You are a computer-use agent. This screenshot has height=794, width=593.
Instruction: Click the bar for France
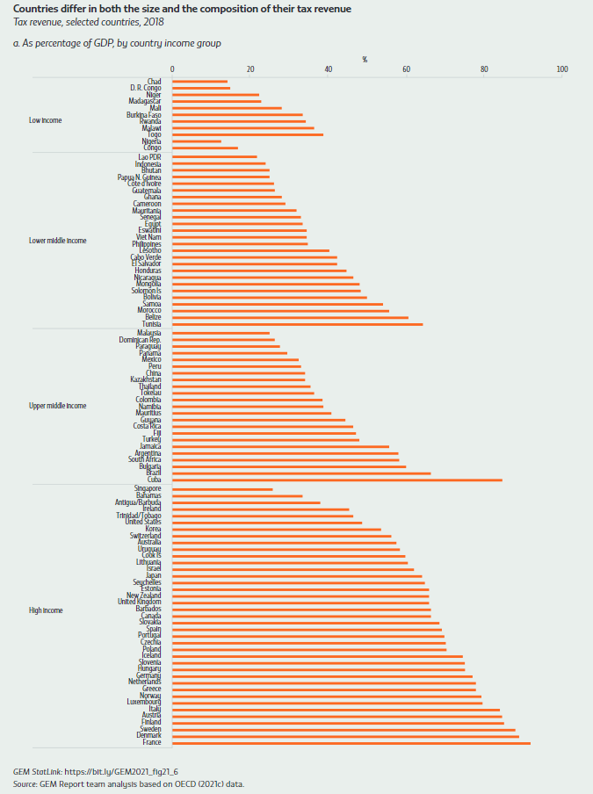(x=351, y=744)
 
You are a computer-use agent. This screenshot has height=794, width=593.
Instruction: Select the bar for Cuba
(x=336, y=480)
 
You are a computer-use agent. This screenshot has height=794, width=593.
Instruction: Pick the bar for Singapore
(x=222, y=489)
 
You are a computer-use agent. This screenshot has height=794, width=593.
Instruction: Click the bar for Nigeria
(x=197, y=141)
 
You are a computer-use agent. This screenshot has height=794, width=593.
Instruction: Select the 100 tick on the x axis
(x=562, y=69)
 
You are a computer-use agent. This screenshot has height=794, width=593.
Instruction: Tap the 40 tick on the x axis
(x=329, y=69)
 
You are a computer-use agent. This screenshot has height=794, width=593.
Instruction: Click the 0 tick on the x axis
(x=172, y=69)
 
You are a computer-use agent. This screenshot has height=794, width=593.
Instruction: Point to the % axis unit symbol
(x=365, y=59)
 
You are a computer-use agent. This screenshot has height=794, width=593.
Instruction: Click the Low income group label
(x=46, y=120)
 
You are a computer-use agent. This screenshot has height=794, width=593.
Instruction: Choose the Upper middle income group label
(x=58, y=406)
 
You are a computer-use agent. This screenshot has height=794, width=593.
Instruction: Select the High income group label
(x=47, y=610)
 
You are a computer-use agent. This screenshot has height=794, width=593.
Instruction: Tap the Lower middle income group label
(x=58, y=240)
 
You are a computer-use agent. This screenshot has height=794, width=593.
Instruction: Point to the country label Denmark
(x=148, y=736)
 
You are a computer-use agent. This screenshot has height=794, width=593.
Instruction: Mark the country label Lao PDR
(x=149, y=157)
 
